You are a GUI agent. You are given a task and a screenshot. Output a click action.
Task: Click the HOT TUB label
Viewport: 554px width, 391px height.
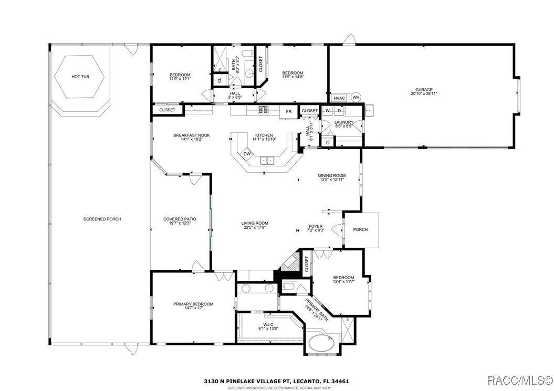(80, 77)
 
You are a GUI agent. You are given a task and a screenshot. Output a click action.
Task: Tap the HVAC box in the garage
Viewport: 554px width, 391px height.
(339, 98)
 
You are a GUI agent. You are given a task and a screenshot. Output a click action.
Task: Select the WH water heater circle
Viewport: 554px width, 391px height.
(356, 97)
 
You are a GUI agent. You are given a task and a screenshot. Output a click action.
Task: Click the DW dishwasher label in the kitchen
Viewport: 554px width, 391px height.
(247, 154)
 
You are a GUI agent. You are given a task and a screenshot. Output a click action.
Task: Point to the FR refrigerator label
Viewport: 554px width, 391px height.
(289, 111)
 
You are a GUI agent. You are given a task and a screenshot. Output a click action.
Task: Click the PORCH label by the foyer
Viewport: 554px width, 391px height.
(360, 230)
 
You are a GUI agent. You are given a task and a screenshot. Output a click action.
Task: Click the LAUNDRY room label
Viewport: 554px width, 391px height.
(344, 124)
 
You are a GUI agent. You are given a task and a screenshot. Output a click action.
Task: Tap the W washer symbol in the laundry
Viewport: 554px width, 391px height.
(327, 111)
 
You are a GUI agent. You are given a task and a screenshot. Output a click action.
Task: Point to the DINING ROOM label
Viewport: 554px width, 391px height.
(332, 177)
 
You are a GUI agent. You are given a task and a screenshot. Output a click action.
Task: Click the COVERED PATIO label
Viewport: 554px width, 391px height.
(180, 221)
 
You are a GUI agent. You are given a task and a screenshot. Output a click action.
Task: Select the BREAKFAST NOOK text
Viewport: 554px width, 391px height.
(192, 138)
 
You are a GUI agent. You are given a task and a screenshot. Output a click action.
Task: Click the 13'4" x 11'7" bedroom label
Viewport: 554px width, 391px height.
(343, 280)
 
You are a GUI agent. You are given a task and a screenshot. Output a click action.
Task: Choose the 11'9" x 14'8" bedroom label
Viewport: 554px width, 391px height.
(292, 75)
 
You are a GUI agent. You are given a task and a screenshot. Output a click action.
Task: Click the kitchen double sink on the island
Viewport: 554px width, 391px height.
(268, 161)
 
